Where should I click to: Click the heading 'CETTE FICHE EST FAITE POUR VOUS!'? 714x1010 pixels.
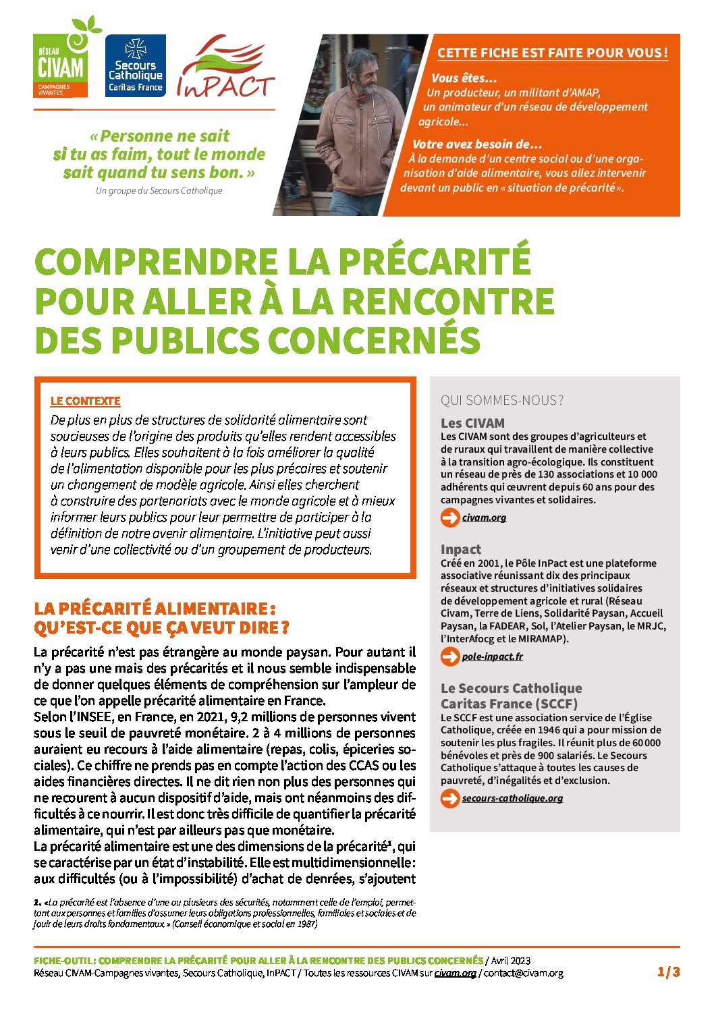(x=552, y=53)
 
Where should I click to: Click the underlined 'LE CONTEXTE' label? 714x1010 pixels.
(x=85, y=401)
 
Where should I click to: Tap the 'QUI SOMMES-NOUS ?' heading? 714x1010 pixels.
(x=502, y=400)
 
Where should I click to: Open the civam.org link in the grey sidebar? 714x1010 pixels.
(x=484, y=517)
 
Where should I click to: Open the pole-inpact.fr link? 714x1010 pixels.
(x=492, y=656)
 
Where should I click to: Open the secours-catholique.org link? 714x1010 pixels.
(x=512, y=798)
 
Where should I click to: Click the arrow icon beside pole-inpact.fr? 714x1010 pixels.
(x=449, y=656)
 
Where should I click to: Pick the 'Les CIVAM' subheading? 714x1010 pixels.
(x=472, y=423)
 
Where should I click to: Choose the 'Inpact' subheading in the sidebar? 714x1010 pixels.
(x=461, y=549)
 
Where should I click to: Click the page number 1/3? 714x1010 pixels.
(x=668, y=972)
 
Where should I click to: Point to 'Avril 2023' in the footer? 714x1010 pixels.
(x=511, y=960)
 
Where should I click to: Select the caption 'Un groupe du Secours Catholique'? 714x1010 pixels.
(x=159, y=191)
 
